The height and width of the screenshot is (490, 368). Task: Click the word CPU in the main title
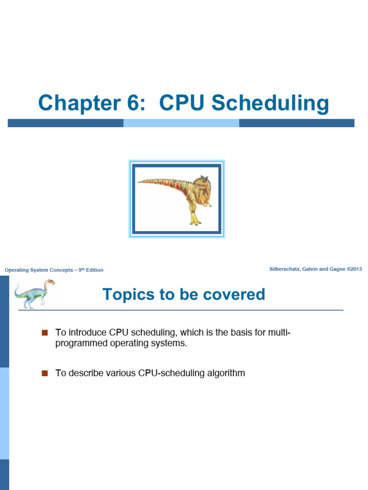(182, 103)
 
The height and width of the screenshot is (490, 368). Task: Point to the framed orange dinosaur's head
(202, 184)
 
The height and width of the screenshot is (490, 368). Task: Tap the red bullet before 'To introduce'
(46, 333)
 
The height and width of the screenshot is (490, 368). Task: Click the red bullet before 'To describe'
(46, 373)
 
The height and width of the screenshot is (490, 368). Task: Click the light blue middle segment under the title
(181, 123)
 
